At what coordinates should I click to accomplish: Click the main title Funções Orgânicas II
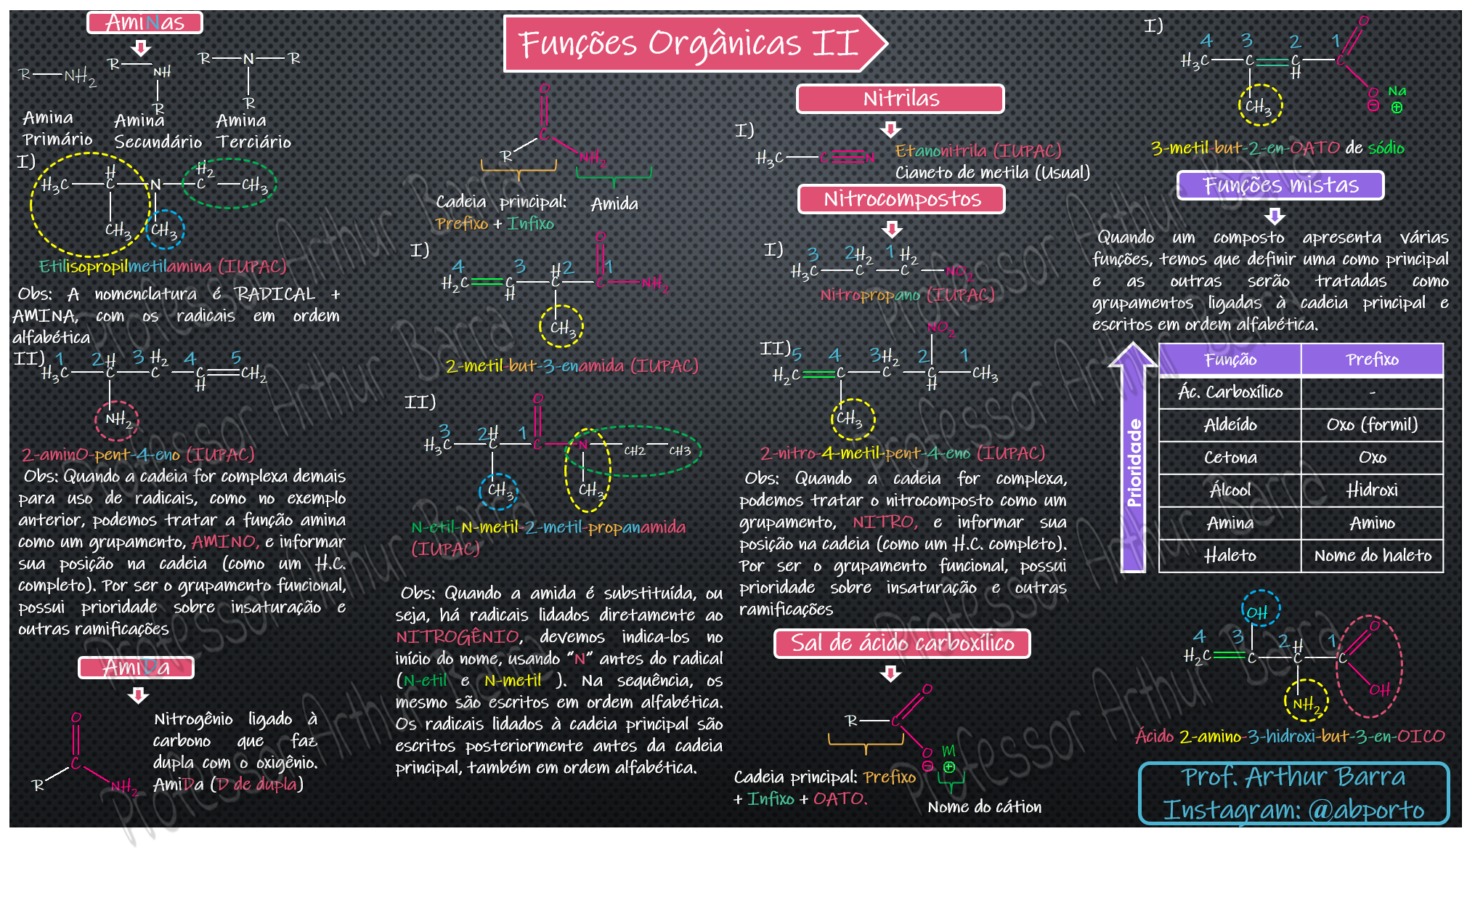coord(688,44)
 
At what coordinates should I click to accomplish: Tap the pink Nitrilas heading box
coord(900,99)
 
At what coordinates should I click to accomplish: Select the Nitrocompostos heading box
coord(901,199)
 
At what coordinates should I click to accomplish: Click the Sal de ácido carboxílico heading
coord(901,644)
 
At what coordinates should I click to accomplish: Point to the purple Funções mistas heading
coord(1280,185)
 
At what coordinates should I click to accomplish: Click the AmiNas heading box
coord(145,23)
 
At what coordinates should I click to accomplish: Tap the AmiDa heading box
coord(136,667)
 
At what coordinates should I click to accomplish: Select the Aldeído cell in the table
coord(1230,425)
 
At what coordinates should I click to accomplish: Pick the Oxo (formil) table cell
coord(1371,425)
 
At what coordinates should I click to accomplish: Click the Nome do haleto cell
coord(1372,556)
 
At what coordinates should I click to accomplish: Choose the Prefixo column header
coord(1371,360)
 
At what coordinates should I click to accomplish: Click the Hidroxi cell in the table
coord(1371,490)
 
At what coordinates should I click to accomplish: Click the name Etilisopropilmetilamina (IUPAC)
coord(162,267)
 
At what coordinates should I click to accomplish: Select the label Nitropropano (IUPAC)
coord(907,295)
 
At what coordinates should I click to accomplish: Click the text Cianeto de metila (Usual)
coord(992,173)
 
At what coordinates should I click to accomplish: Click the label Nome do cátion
coord(984,807)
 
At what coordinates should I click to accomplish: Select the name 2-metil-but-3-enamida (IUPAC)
coord(572,365)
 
